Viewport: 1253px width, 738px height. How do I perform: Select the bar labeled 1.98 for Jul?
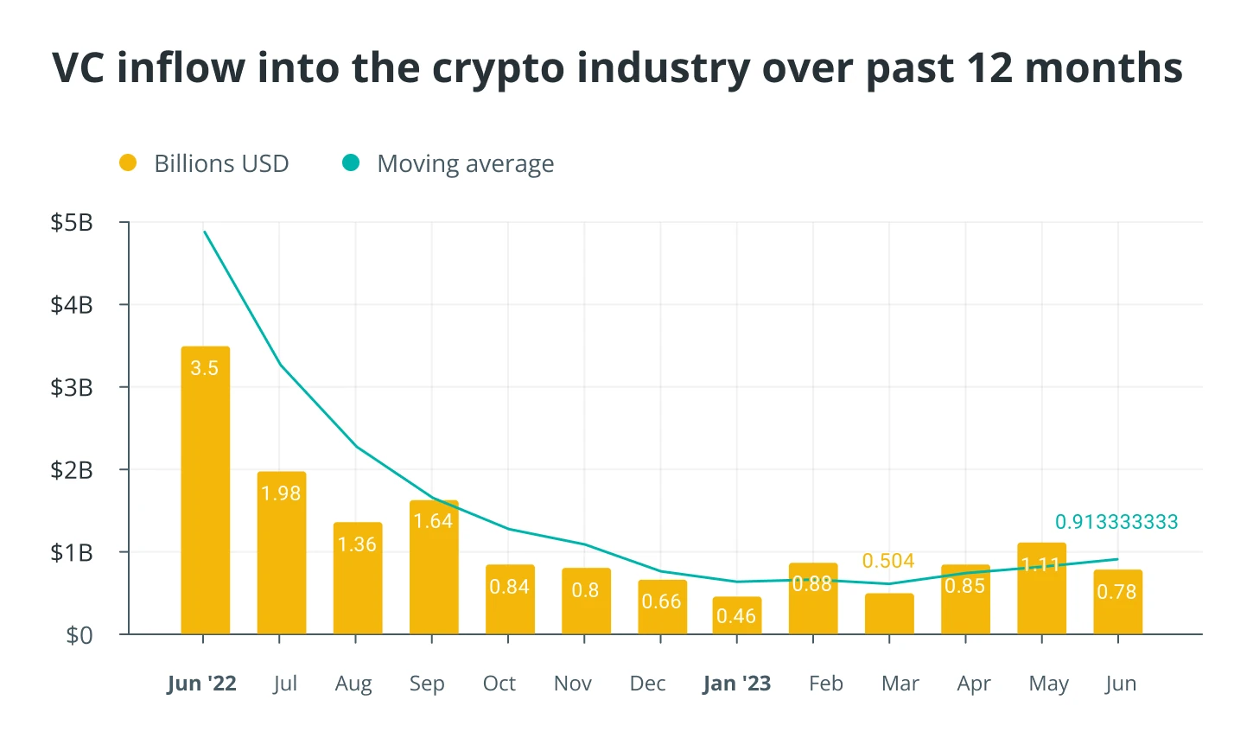tap(281, 553)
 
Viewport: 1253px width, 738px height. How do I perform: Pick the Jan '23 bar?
tap(737, 615)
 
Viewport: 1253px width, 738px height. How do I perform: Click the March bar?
tap(889, 614)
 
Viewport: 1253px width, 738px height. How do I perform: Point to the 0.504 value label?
tap(888, 561)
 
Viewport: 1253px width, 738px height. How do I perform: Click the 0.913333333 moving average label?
tap(1116, 522)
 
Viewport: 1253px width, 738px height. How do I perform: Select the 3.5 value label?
tap(205, 368)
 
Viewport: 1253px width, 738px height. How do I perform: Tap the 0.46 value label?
tap(736, 616)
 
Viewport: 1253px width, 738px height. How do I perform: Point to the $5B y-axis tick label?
tap(72, 223)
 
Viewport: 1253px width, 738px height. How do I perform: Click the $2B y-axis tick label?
tap(72, 470)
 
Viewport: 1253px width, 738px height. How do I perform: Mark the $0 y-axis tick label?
tap(79, 635)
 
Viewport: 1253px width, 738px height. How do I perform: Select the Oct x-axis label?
tap(499, 684)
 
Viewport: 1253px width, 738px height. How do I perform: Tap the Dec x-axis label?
tap(647, 684)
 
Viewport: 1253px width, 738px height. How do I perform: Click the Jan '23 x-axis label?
tap(737, 684)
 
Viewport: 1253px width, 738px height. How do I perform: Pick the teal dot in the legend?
tap(351, 162)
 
